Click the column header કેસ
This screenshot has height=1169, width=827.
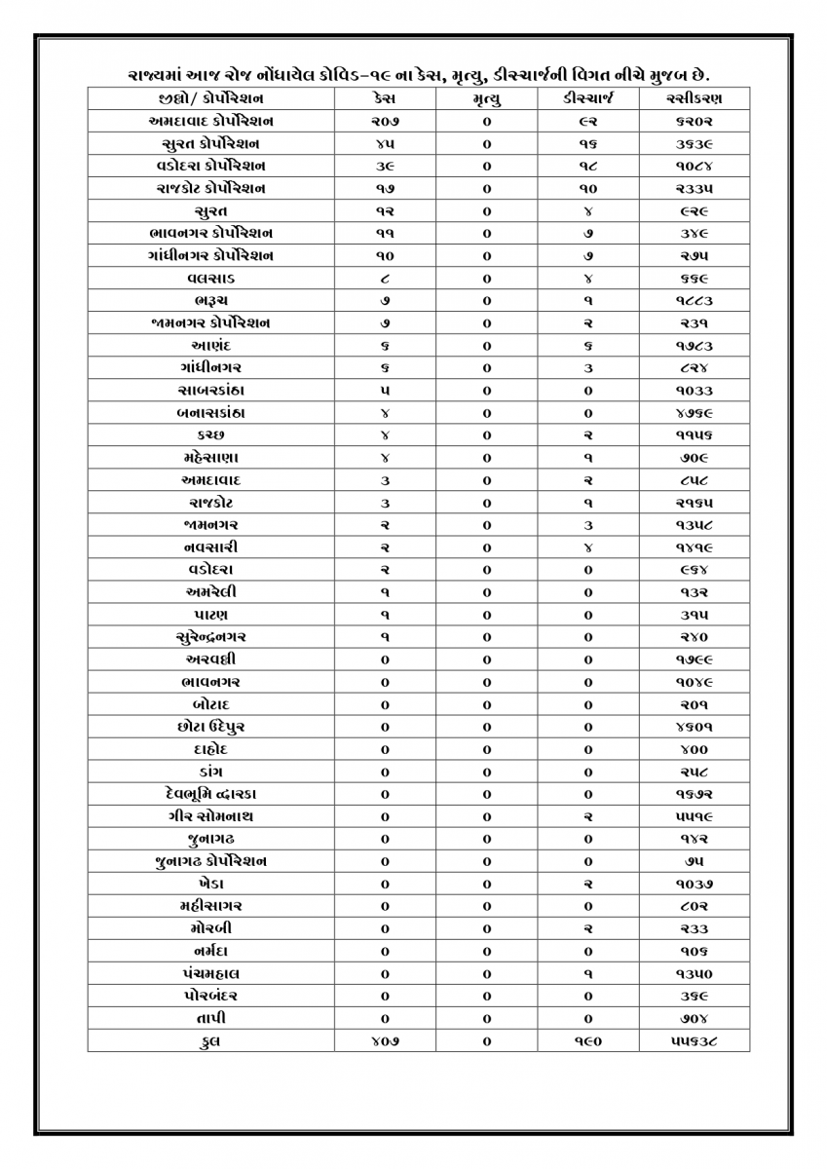(384, 98)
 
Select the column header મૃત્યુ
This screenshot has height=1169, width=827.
(486, 98)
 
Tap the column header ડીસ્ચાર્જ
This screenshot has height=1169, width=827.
(586, 98)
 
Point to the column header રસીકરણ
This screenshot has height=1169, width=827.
(695, 98)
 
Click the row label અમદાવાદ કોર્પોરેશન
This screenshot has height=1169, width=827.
(211, 121)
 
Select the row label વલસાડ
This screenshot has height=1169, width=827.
(211, 278)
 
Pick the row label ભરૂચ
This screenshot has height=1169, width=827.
(211, 300)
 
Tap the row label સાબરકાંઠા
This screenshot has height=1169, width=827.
(211, 390)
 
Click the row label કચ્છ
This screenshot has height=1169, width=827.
(211, 434)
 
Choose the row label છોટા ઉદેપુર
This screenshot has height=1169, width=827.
(211, 727)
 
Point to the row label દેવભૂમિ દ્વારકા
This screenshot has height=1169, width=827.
(211, 794)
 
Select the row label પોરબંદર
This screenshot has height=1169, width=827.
(211, 996)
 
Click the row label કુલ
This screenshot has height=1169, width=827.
(211, 1040)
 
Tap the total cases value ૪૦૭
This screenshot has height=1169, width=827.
(384, 1040)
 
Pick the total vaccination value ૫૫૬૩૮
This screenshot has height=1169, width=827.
(695, 1040)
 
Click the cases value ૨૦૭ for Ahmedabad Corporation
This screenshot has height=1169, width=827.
(384, 121)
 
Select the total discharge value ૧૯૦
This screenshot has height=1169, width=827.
(586, 1040)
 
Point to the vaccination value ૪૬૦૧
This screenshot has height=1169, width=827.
(695, 727)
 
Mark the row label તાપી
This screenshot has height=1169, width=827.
(211, 1018)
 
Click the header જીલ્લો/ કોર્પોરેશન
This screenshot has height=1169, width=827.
(211, 98)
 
